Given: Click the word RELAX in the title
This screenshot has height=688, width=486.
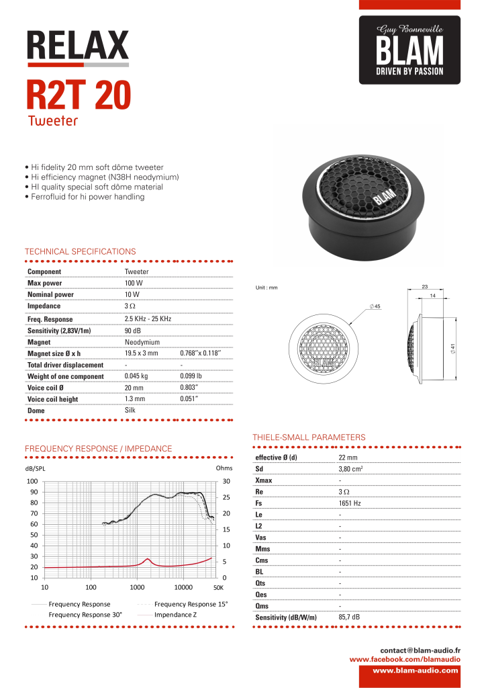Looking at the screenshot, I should coord(77,46).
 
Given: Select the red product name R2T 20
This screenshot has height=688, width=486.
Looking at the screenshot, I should coord(79,95).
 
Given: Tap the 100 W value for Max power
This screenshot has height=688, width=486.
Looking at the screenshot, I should coord(133,283).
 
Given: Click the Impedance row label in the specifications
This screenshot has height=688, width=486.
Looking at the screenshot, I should coord(44,306).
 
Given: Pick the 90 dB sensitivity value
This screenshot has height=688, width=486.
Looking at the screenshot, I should coord(132,331).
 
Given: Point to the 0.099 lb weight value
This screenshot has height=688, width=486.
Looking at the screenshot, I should coord(192,376).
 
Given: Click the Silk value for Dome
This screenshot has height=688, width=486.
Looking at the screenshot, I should coord(130,409).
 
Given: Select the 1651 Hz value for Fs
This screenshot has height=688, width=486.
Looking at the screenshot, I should coord(350,503).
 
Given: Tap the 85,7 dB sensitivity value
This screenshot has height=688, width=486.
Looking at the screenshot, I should coord(349,617).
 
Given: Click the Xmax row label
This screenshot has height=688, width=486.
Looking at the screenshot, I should coord(263,480).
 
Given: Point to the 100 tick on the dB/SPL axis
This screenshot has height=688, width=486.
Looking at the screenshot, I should coord(32,481).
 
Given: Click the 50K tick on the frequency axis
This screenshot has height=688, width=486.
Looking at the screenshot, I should coord(217,587).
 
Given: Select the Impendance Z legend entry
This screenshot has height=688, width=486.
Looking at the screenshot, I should coord(175,615).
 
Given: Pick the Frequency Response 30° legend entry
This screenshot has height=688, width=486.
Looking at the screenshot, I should coord(85,615).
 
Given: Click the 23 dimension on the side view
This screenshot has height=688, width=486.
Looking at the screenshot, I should coord(424,287).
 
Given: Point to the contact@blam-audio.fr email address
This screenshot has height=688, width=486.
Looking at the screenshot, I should coord(420,650).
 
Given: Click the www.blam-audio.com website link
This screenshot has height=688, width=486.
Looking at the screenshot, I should coord(416,670).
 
